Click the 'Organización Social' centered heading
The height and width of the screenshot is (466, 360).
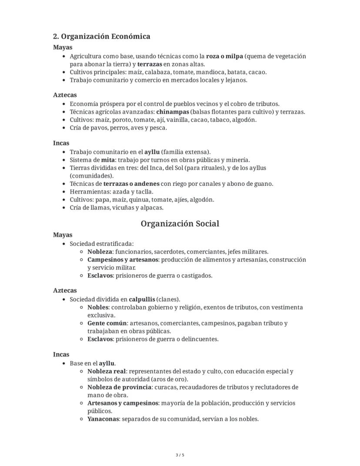180,224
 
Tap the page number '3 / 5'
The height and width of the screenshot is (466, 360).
180,455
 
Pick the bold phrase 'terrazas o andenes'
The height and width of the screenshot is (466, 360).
131,184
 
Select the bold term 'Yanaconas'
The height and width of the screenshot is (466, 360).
103,419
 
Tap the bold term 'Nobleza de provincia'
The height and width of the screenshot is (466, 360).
119,387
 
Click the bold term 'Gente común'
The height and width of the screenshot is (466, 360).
107,323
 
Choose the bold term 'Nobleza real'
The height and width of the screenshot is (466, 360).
107,371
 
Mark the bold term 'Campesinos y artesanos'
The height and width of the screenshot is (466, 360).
123,259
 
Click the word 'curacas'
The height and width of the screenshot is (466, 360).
166,387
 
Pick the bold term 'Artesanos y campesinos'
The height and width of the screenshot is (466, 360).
123,403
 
